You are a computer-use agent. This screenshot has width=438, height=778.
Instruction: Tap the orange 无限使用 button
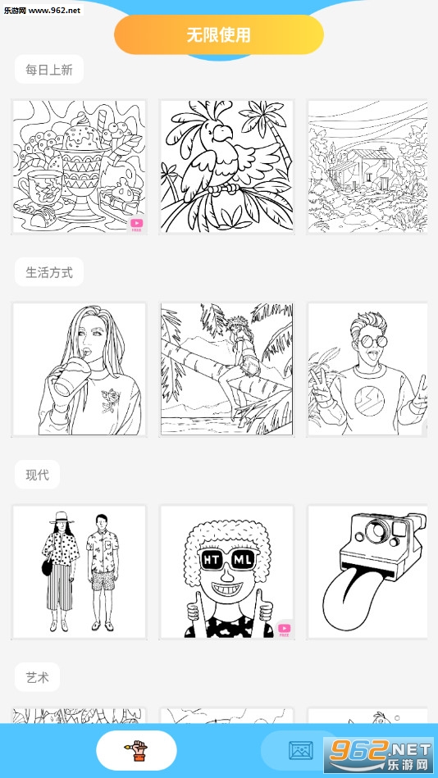pyautogui.click(x=219, y=34)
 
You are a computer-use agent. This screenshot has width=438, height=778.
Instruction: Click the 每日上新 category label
pyautogui.click(x=49, y=70)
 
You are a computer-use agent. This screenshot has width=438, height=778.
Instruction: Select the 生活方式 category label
pyautogui.click(x=49, y=272)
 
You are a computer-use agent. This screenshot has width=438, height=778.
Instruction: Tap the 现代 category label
pyautogui.click(x=37, y=475)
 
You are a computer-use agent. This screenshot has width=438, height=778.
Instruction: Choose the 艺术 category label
pyautogui.click(x=37, y=677)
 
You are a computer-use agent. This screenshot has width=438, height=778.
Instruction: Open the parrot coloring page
pyautogui.click(x=226, y=166)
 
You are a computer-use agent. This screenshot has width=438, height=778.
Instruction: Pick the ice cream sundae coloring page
pyautogui.click(x=79, y=166)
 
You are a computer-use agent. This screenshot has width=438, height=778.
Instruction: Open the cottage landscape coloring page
pyautogui.click(x=367, y=166)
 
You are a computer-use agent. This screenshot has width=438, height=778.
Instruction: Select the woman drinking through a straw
pyautogui.click(x=79, y=370)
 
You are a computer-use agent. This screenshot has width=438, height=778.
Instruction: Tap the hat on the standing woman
pyautogui.click(x=62, y=517)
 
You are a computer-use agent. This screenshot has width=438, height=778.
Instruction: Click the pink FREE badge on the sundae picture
pyautogui.click(x=135, y=225)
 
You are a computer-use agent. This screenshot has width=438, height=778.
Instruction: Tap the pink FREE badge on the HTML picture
pyautogui.click(x=284, y=629)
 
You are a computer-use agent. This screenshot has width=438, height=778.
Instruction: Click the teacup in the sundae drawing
pyautogui.click(x=38, y=187)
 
